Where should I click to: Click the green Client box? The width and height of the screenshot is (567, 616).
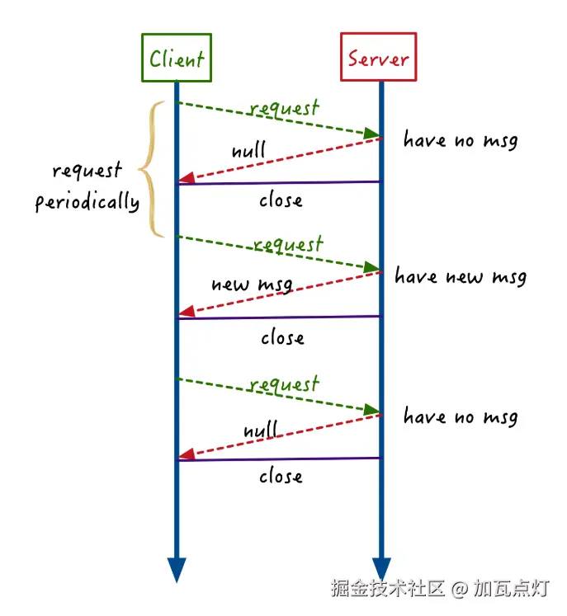[176, 58]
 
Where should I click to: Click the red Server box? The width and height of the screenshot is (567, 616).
[378, 58]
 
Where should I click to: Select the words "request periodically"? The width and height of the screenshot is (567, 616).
[87, 186]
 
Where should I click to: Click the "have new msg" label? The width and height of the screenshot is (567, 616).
[460, 276]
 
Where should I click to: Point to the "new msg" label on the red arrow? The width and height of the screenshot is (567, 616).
[252, 284]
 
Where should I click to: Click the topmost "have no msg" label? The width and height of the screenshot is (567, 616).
[461, 140]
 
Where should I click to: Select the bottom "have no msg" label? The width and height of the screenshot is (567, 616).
[461, 417]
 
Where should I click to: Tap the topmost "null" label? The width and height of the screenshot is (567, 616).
[248, 151]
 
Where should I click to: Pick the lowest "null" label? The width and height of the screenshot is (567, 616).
[261, 430]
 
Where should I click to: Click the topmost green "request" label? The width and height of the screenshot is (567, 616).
[283, 109]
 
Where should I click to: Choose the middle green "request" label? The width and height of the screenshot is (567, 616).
[287, 245]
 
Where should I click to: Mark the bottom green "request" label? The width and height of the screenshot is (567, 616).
[283, 384]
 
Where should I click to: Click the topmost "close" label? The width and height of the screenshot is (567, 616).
[281, 200]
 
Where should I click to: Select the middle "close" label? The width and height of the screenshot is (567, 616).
[282, 337]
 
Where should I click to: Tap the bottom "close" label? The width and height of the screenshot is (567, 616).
[281, 476]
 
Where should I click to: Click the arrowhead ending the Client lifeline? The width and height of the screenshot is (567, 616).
[177, 568]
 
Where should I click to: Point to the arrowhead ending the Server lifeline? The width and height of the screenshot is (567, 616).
[380, 568]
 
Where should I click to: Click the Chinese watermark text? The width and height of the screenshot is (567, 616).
[440, 588]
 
